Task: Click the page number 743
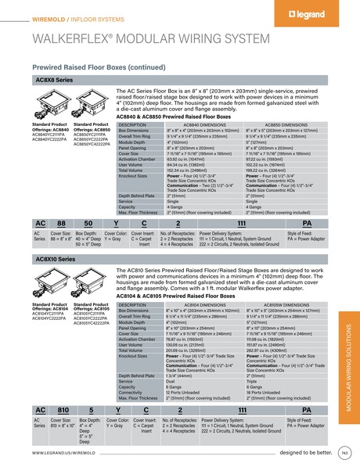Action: click(344, 452)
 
